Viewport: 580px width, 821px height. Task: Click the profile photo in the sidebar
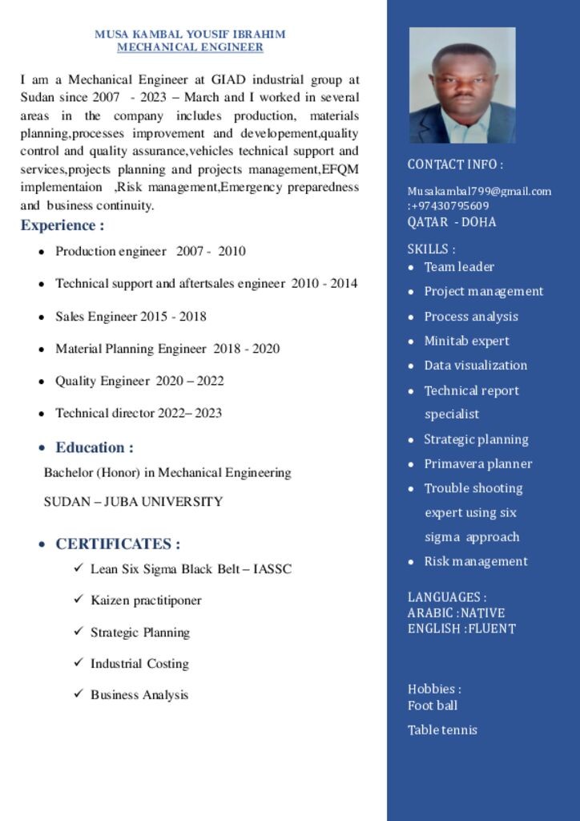[x=462, y=85]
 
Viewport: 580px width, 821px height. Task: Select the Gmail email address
[x=479, y=191]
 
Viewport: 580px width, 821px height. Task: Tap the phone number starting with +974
[x=450, y=206]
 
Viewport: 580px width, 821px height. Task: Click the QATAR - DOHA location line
[x=452, y=222]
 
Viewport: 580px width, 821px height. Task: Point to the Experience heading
[x=62, y=225]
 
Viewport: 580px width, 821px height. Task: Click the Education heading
[x=95, y=447]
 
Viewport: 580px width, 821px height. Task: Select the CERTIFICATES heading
[x=118, y=544]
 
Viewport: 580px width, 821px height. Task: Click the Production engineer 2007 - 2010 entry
[x=151, y=251]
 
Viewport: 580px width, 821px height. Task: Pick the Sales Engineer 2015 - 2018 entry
[x=131, y=317]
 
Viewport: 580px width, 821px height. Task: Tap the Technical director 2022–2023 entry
[x=139, y=413]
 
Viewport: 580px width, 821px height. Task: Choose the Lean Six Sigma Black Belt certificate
[x=191, y=569]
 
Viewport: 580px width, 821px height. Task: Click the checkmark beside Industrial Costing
[x=79, y=663]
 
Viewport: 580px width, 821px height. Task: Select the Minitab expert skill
[x=466, y=341]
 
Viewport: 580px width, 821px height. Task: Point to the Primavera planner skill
[x=477, y=463]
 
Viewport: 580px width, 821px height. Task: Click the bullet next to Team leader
[x=412, y=268]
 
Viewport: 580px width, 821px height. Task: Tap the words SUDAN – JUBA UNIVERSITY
[x=133, y=502]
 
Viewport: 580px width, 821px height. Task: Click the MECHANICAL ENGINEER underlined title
[x=190, y=47]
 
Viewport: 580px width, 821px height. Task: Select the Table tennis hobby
[x=442, y=730]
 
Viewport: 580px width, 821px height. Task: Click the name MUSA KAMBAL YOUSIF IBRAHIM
[x=190, y=34]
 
